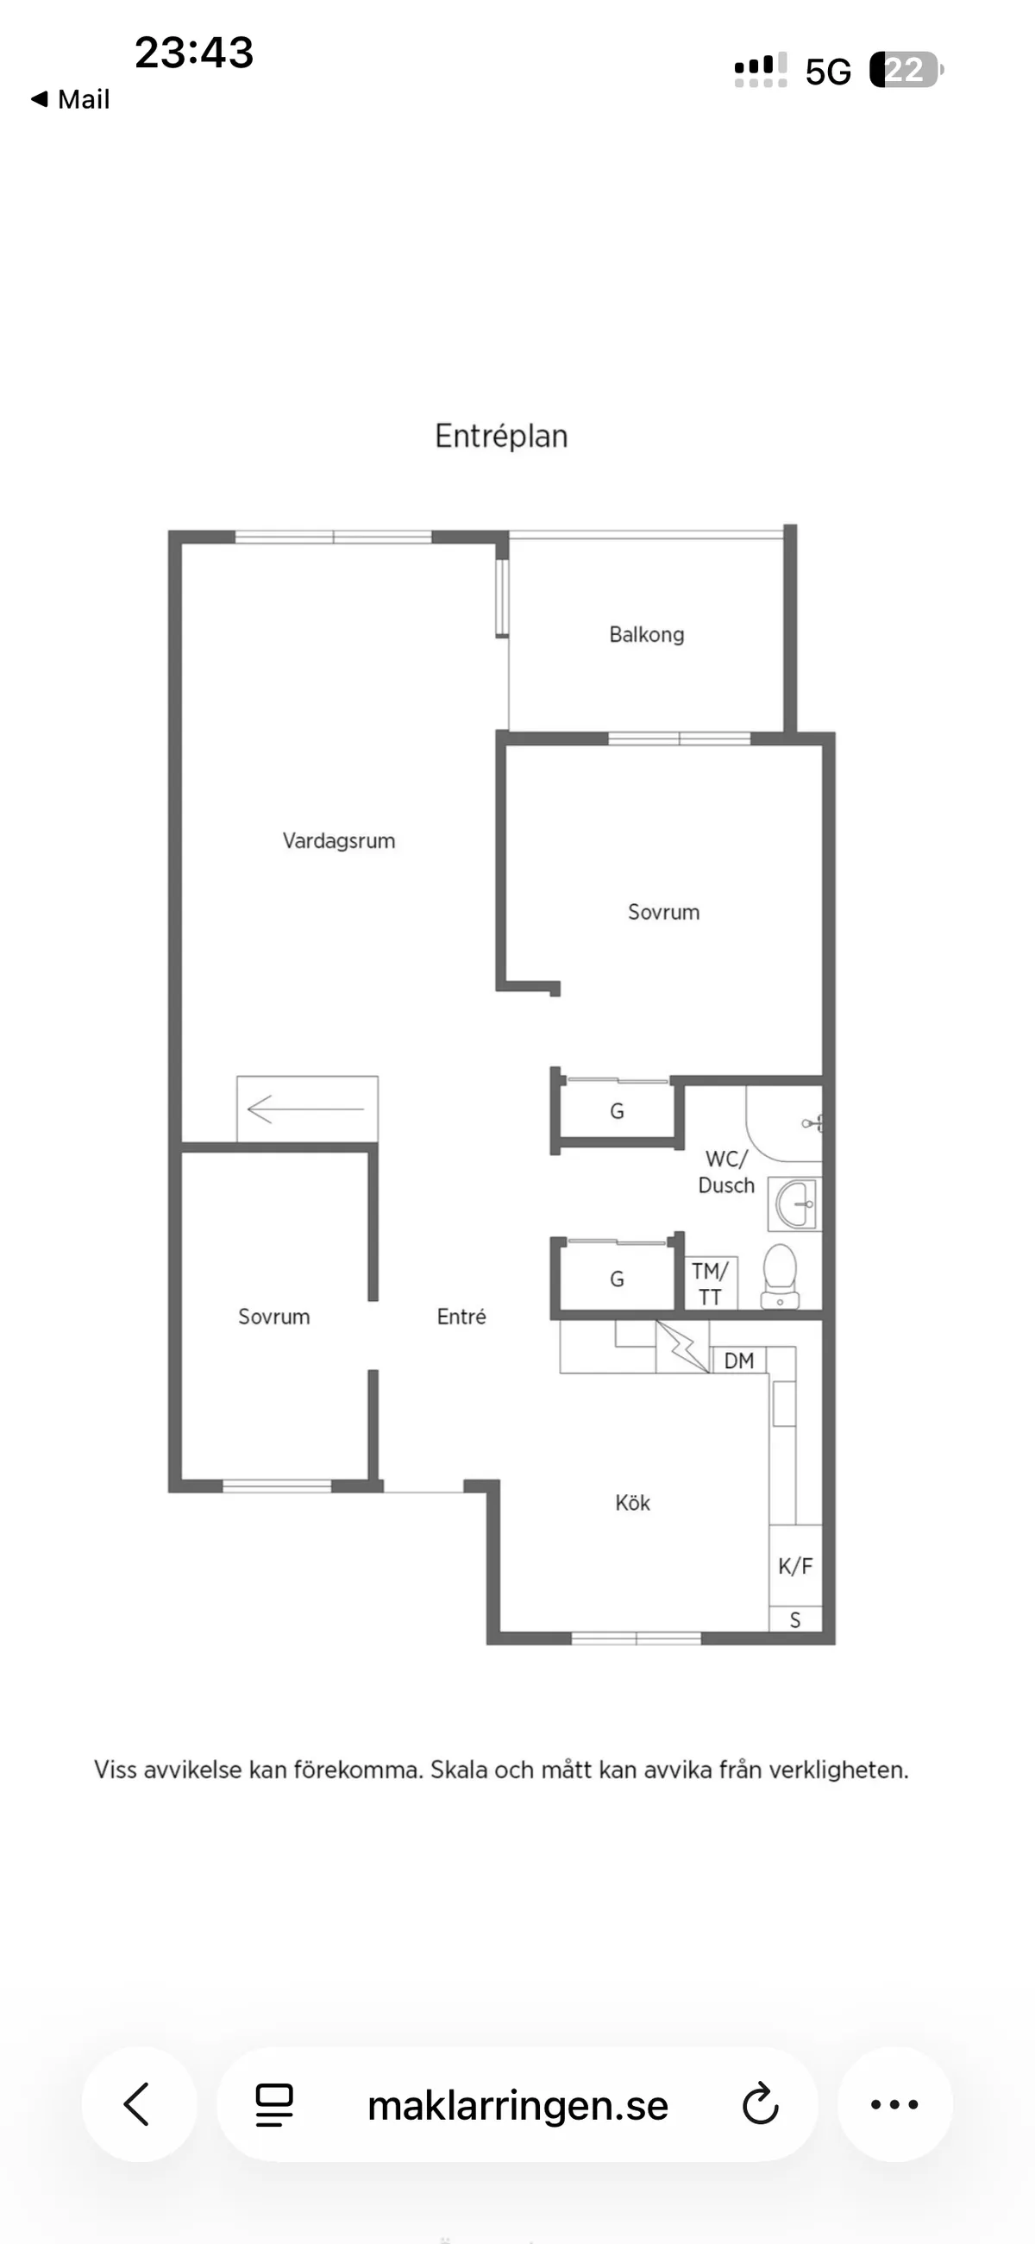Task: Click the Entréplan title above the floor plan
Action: tap(501, 436)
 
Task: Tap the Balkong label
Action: tap(646, 634)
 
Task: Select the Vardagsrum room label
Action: tap(339, 840)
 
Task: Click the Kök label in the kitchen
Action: tap(632, 1503)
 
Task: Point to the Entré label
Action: tap(461, 1317)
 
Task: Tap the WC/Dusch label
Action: tap(725, 1172)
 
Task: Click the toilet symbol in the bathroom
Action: tap(780, 1275)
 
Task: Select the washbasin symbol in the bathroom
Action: tap(795, 1204)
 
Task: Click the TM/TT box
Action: tap(710, 1283)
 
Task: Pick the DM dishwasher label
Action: tap(739, 1361)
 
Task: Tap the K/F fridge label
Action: tap(794, 1565)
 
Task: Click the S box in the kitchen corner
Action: tap(794, 1619)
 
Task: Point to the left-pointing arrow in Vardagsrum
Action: tap(306, 1109)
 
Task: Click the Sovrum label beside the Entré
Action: tap(273, 1317)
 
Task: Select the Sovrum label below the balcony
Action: tap(664, 912)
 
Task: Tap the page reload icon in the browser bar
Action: tap(760, 2105)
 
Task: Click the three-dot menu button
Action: tap(894, 2104)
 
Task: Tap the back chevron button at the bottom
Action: tap(138, 2104)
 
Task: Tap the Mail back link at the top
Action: tap(72, 99)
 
